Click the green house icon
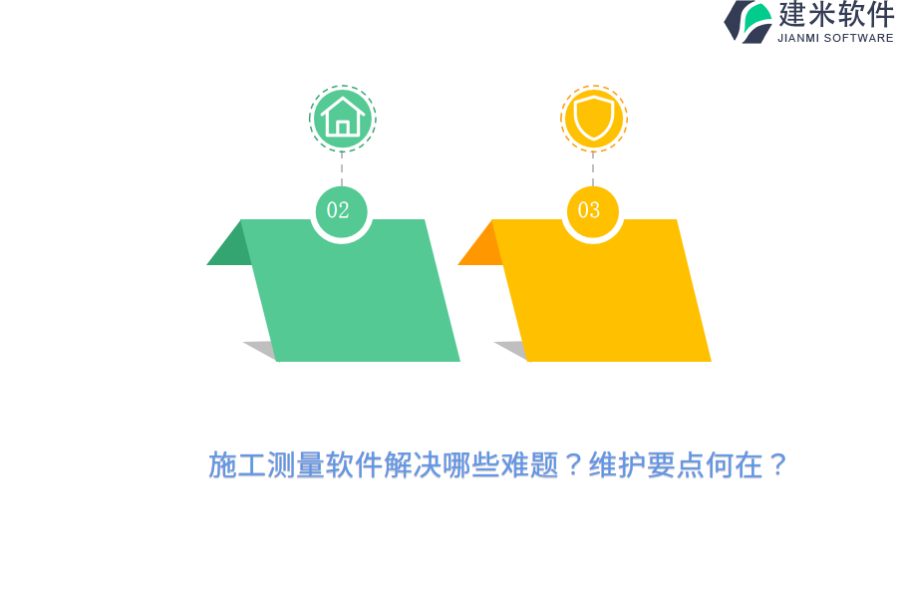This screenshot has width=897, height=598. coord(342,119)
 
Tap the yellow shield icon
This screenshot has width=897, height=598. coord(593,119)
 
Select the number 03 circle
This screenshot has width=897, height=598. coord(592,211)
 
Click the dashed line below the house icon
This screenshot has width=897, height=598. coord(342,169)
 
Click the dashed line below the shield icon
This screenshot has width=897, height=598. coord(593,169)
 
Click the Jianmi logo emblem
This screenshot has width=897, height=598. coord(748,21)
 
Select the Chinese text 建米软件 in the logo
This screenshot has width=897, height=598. coord(835,15)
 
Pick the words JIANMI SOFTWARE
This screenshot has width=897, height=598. coord(835,38)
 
